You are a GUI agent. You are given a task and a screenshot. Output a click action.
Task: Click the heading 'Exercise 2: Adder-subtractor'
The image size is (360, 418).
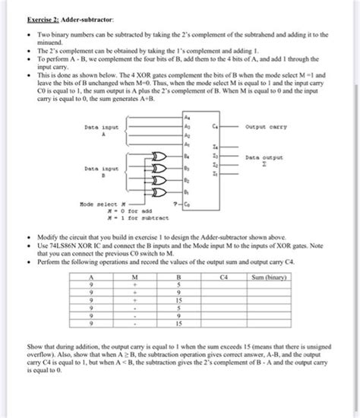pyautogui.click(x=50, y=16)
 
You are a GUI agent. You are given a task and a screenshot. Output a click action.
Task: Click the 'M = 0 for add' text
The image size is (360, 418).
pyautogui.click(x=108, y=211)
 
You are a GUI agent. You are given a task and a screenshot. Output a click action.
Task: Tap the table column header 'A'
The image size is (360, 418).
pyautogui.click(x=92, y=278)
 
